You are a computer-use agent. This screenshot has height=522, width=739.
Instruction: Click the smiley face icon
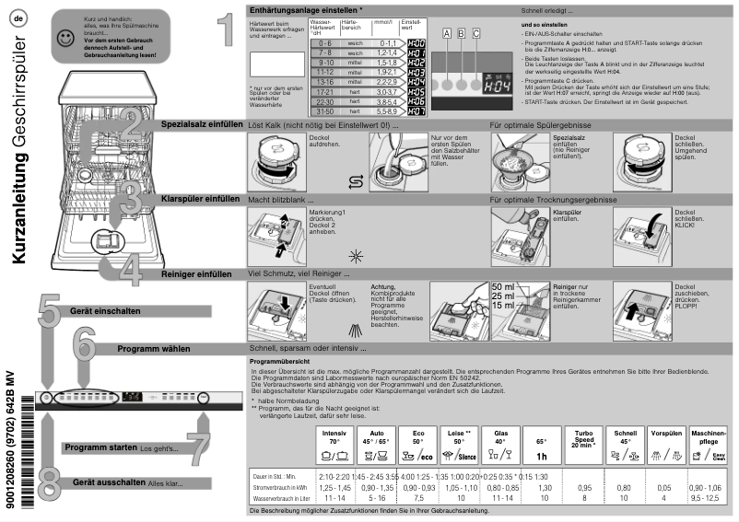[64, 38]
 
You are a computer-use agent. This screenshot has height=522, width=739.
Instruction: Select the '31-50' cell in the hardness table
[323, 110]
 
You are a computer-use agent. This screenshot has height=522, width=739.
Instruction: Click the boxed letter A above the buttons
[447, 32]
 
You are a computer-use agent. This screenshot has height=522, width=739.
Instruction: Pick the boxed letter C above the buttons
[475, 32]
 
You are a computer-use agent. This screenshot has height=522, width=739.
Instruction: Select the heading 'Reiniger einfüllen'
[195, 273]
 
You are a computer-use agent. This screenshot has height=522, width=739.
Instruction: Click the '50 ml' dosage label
[504, 287]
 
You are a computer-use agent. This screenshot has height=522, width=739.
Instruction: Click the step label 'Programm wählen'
[153, 349]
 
